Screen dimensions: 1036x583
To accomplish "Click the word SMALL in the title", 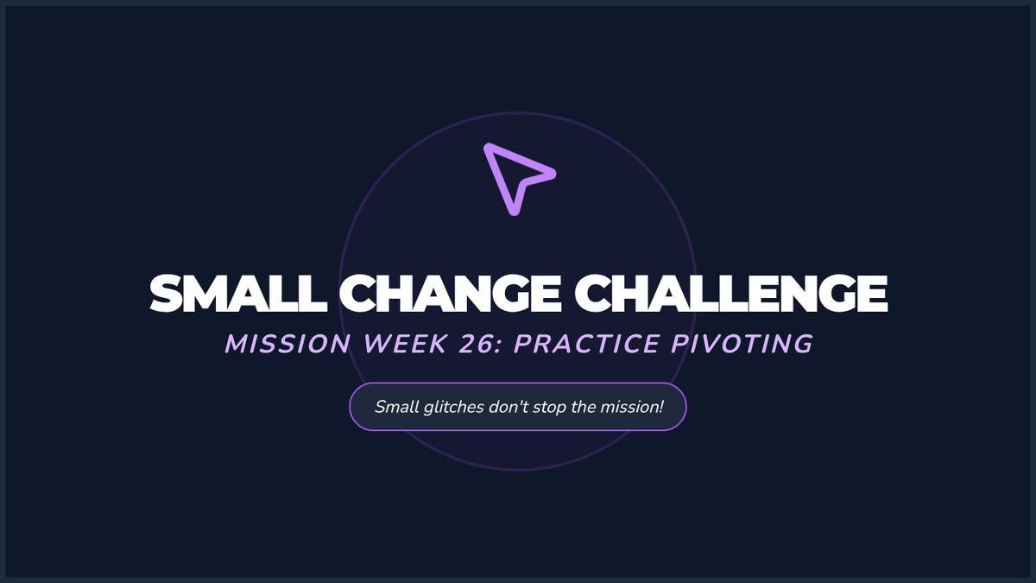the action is point(238,294).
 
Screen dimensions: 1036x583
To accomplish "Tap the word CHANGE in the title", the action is point(451,294).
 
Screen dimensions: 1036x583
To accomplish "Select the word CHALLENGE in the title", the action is point(730,294).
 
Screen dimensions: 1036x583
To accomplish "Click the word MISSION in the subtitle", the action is point(287,344).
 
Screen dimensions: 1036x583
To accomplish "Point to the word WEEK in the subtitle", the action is point(406,344).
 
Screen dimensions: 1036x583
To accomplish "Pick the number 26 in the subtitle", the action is point(477,344).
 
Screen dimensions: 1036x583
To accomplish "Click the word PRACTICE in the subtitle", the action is point(586,344).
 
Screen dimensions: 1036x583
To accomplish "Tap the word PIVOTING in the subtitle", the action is point(742,344).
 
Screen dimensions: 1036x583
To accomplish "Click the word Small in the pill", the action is point(397,407).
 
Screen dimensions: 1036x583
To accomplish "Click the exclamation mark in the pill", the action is point(661,407).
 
